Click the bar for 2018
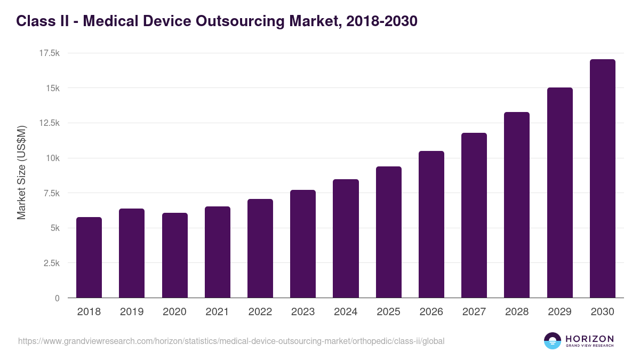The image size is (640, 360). [89, 258]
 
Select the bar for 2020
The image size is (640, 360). [174, 255]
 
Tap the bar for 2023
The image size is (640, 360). [303, 244]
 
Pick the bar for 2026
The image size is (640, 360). [431, 225]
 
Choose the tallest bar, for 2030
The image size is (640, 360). [602, 179]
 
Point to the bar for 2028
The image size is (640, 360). [517, 205]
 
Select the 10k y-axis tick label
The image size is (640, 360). [52, 158]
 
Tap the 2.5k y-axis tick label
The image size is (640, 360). [52, 263]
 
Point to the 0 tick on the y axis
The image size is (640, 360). [57, 299]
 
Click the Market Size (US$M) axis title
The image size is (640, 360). [21, 172]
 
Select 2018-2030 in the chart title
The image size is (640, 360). [381, 21]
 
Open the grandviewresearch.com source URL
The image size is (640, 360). [231, 341]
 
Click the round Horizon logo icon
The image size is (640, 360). [552, 341]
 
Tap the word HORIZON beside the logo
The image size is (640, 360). [589, 339]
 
